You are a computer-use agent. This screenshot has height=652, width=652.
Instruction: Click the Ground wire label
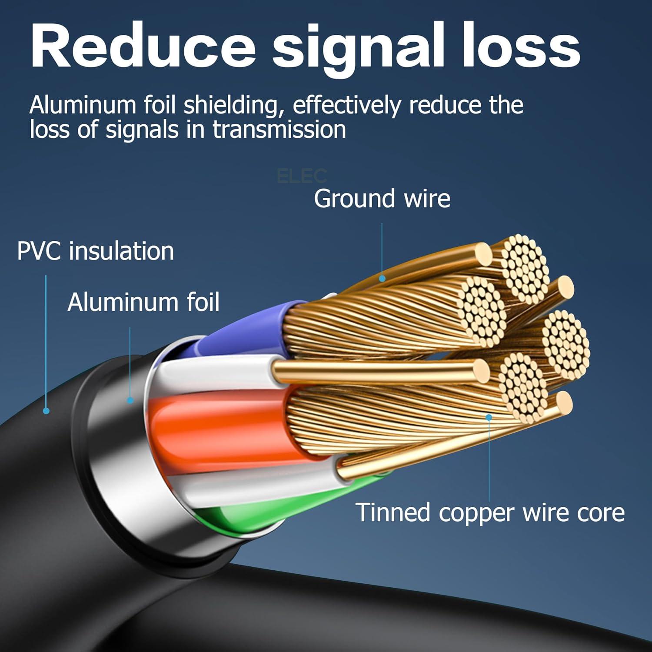pos(382,199)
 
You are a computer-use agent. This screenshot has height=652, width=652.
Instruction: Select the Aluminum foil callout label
pos(143,302)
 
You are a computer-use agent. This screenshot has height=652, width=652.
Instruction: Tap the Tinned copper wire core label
pos(490,512)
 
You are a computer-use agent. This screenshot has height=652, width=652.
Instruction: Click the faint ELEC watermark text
pos(302,176)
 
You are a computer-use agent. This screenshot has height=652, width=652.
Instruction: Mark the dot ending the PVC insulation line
pos(46,410)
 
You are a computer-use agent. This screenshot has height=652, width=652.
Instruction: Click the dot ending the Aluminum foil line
pos(130,400)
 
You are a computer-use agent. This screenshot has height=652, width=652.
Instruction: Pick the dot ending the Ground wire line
pos(382,279)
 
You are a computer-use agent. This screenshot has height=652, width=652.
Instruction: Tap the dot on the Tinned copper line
pos(489,417)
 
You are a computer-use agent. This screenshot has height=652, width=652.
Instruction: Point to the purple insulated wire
pos(243,330)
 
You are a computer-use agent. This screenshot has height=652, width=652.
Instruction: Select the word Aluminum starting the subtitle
pos(83,106)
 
